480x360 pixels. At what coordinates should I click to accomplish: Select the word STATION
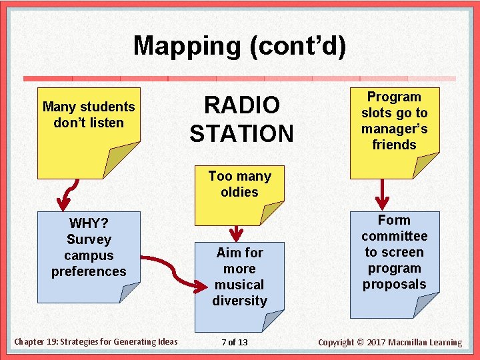coord(241,133)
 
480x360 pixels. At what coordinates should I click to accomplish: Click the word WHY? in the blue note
coord(89,223)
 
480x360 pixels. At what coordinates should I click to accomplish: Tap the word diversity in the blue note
coord(239,301)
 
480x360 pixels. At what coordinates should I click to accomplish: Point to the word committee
coord(394,236)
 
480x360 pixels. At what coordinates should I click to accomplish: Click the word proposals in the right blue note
coord(394,284)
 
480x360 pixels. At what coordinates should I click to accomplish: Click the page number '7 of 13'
coord(234,342)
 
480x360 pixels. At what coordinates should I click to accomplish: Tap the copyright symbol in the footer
coord(361,343)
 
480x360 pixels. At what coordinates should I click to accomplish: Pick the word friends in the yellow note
coord(394,145)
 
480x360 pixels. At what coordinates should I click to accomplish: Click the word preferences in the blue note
coord(89,271)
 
